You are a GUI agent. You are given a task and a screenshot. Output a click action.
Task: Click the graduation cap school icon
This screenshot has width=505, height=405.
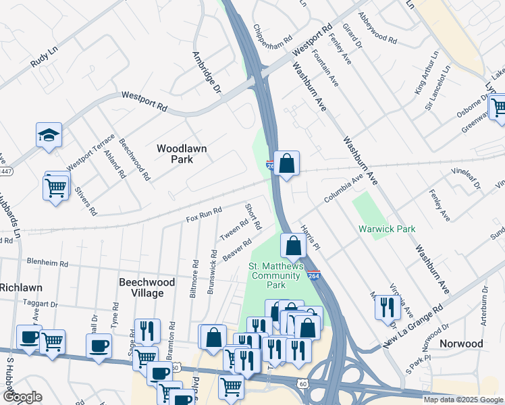(49, 135)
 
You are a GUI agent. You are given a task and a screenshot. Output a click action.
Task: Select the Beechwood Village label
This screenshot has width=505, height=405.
(147, 288)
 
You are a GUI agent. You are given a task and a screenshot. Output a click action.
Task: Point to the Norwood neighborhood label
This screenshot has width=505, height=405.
(461, 344)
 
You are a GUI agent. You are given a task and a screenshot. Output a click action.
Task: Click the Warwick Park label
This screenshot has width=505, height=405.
(387, 230)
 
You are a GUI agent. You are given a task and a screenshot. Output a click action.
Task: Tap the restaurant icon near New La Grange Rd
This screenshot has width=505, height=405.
(388, 307)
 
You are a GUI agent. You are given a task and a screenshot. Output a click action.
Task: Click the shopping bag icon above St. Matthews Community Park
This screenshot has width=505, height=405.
(294, 246)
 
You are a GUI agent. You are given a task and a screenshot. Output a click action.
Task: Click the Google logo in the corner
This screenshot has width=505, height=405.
(22, 397)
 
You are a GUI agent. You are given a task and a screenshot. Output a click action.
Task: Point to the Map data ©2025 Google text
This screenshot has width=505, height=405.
(463, 400)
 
